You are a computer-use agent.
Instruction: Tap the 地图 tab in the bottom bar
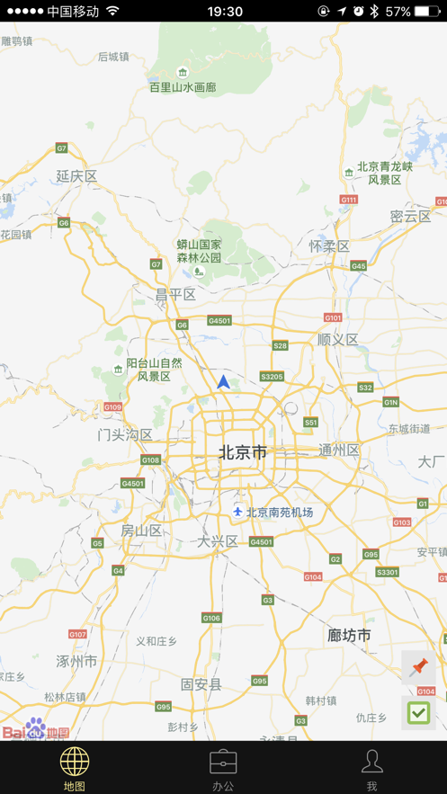(75, 769)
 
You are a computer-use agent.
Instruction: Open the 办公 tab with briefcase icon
(223, 769)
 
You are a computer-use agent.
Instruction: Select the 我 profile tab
(371, 769)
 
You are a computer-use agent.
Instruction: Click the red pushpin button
(418, 668)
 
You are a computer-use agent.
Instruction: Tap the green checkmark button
(418, 713)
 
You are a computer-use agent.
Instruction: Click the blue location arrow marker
(223, 382)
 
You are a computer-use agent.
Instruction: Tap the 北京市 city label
(243, 452)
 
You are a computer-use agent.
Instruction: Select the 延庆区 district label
(76, 176)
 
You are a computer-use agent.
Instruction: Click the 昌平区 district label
(175, 294)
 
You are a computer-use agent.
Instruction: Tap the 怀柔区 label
(329, 245)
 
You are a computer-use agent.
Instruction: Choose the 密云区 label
(410, 217)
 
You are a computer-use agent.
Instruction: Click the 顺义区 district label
(338, 340)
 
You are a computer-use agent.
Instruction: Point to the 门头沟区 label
(125, 435)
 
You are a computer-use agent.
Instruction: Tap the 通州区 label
(339, 450)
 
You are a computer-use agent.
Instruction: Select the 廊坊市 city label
(349, 635)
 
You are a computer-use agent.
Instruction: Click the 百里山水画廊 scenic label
(183, 87)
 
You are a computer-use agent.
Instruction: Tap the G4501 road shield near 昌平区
(219, 320)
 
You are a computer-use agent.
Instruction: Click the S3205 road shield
(272, 377)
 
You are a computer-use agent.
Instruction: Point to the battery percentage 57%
(398, 12)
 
